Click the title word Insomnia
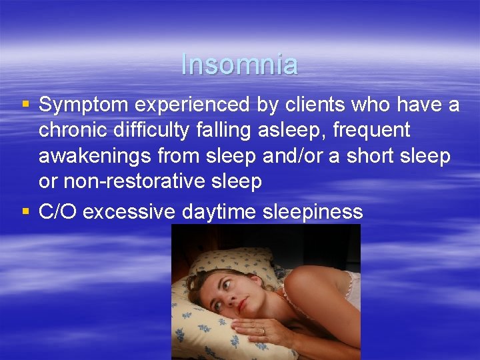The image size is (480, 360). pos(239,65)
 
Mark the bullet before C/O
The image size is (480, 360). pos(26,212)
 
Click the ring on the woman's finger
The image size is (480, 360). pos(262,331)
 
